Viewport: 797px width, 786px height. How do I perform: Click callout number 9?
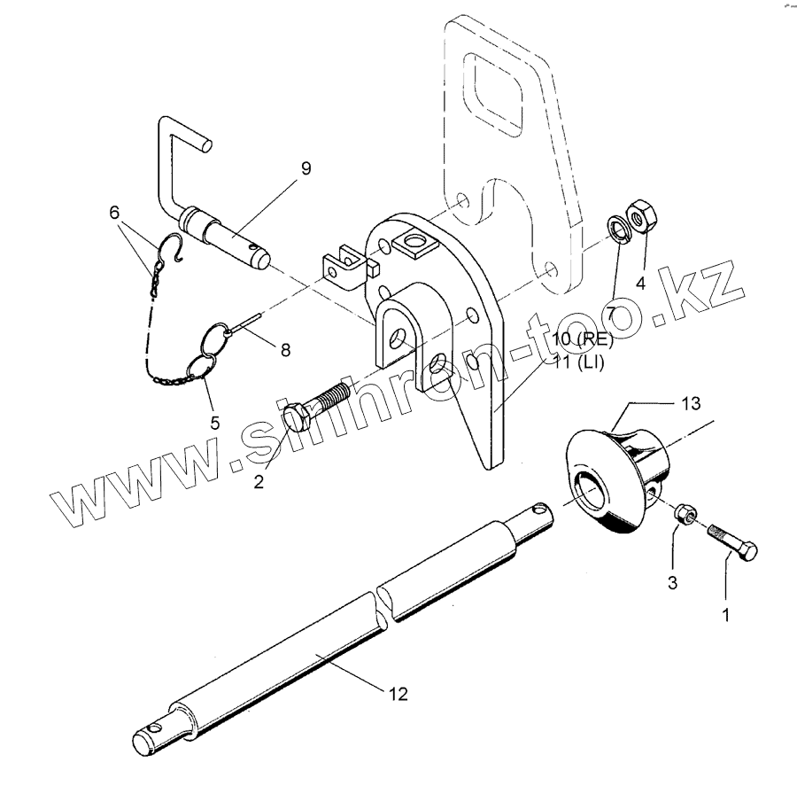[x=306, y=168]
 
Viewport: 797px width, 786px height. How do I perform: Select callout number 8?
[x=285, y=349]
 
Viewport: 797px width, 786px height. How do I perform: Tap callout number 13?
[x=691, y=404]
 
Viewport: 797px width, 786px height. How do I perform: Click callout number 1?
[x=726, y=612]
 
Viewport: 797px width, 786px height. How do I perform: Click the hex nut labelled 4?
[x=638, y=216]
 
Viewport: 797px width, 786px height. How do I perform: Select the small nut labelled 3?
[x=685, y=515]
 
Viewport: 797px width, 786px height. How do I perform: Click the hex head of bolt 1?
[x=747, y=550]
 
